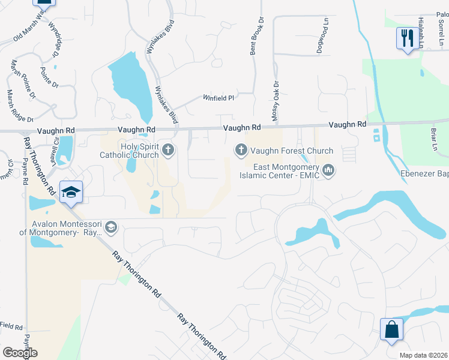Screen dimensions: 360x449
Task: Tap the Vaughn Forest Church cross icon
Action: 241,149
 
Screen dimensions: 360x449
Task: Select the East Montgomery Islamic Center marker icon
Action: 328,171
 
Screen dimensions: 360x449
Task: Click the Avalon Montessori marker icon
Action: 110,227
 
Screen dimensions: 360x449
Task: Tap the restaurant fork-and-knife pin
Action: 408,38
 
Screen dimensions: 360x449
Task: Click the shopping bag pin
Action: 391,329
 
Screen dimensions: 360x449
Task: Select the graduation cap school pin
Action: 71,192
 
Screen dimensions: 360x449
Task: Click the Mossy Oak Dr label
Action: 276,102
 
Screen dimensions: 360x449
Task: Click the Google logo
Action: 20,353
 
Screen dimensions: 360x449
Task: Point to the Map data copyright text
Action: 424,355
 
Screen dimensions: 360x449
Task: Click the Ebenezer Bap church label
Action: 424,175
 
